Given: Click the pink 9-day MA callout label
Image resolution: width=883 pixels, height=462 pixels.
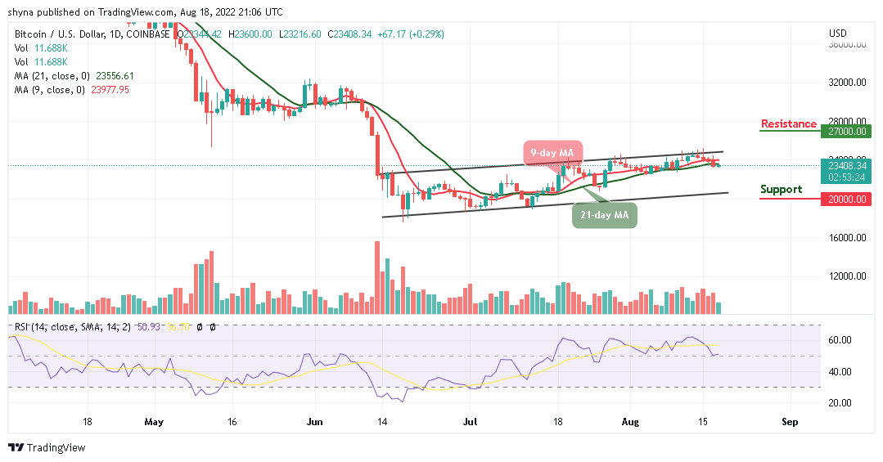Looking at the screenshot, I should click(551, 153).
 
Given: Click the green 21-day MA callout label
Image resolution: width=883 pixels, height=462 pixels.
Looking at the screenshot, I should click(603, 214).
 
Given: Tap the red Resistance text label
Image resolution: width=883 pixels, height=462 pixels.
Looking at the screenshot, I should click(788, 124).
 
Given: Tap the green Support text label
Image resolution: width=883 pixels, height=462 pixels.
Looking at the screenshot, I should click(781, 190).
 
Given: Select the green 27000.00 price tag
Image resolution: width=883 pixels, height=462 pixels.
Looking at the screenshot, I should click(847, 131).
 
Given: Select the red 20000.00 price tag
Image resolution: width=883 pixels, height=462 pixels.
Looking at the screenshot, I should click(847, 199).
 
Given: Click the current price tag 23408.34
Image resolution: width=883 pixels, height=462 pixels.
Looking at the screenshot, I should click(847, 165).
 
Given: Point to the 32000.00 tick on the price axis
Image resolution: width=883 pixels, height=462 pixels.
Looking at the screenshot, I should click(847, 83).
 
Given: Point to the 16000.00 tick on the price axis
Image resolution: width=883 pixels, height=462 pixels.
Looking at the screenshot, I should click(847, 238).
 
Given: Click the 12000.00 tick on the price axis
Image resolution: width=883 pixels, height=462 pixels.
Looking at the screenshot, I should click(847, 276).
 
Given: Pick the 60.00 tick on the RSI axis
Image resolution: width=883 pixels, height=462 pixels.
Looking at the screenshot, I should click(840, 340).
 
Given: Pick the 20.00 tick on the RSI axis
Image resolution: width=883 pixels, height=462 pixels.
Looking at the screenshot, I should click(840, 403).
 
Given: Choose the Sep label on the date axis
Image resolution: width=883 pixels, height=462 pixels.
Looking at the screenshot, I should click(790, 423).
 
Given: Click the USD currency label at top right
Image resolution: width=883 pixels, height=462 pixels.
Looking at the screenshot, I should click(837, 34).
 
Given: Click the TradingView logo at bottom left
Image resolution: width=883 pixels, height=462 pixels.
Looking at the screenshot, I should click(47, 448).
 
